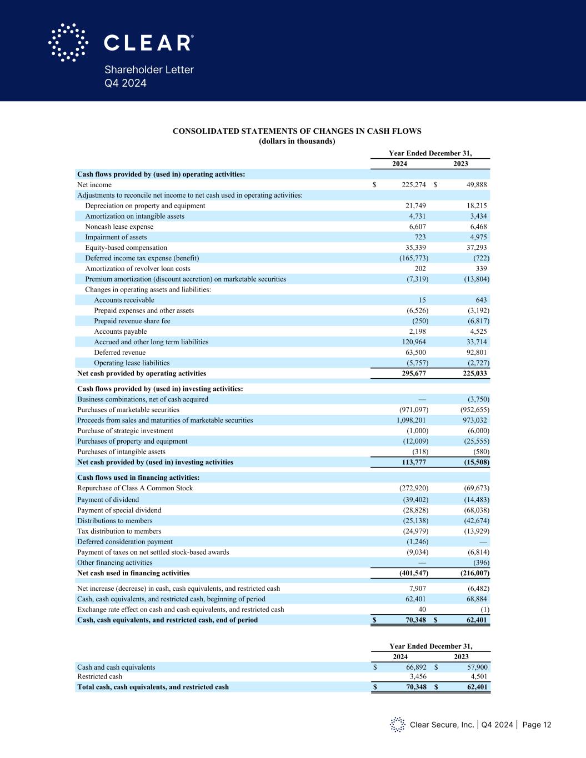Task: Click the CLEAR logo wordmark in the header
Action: pos(148,43)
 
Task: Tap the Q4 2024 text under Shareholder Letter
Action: pos(126,83)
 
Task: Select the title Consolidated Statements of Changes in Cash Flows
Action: pos(297,132)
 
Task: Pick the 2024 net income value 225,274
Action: pos(413,185)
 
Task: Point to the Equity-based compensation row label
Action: pos(126,248)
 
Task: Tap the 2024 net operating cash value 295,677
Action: pos(413,374)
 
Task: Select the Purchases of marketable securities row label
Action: pos(128,410)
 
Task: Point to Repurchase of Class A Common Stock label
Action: pos(135,488)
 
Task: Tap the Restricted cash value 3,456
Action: pos(418,677)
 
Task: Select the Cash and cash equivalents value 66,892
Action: pos(415,667)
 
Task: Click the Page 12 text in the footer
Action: pos(537,725)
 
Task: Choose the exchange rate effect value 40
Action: pos(422,610)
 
